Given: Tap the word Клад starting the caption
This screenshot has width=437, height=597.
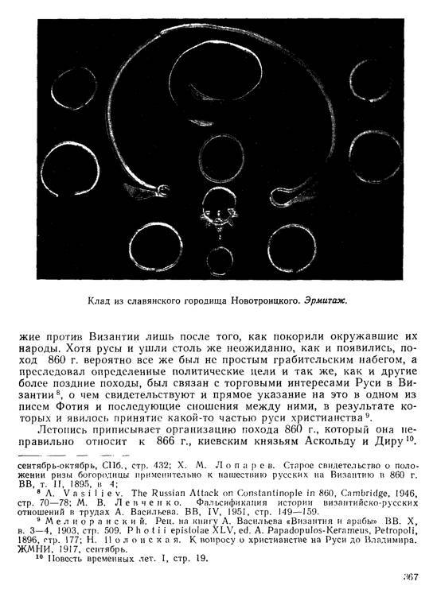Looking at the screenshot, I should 100,301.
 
